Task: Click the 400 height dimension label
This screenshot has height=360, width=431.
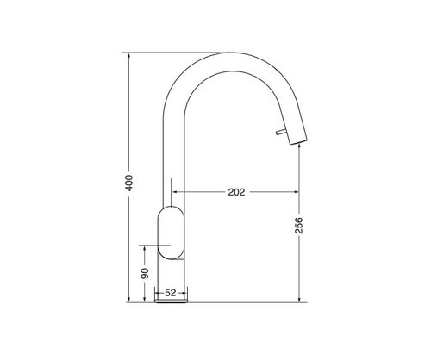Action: click(129, 183)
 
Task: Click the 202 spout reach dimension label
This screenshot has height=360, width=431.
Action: click(236, 192)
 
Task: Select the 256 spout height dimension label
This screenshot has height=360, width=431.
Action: click(299, 226)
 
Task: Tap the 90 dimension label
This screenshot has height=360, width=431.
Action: click(145, 273)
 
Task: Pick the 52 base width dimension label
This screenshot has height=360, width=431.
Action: click(170, 293)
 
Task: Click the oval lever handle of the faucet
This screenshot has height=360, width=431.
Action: click(171, 233)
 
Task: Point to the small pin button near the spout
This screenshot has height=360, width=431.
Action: click(281, 132)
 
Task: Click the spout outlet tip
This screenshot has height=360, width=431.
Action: click(298, 141)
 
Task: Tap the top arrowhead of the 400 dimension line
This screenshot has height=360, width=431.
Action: click(129, 56)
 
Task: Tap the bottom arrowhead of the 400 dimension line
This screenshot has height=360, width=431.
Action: click(129, 299)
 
